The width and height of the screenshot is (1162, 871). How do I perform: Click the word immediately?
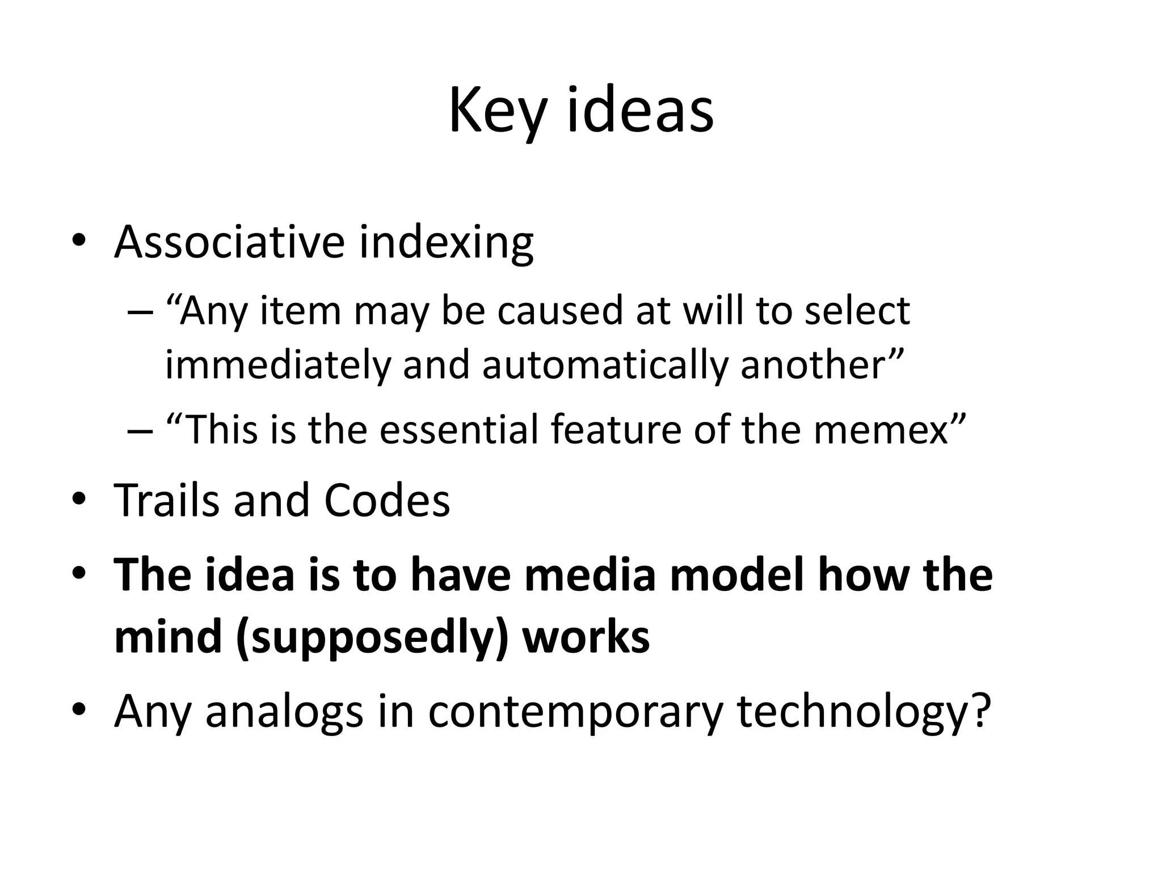(x=277, y=364)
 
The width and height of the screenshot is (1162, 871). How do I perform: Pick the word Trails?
(x=166, y=500)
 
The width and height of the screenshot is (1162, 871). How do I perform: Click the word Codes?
(x=387, y=500)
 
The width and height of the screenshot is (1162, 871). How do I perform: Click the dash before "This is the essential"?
(x=140, y=430)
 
